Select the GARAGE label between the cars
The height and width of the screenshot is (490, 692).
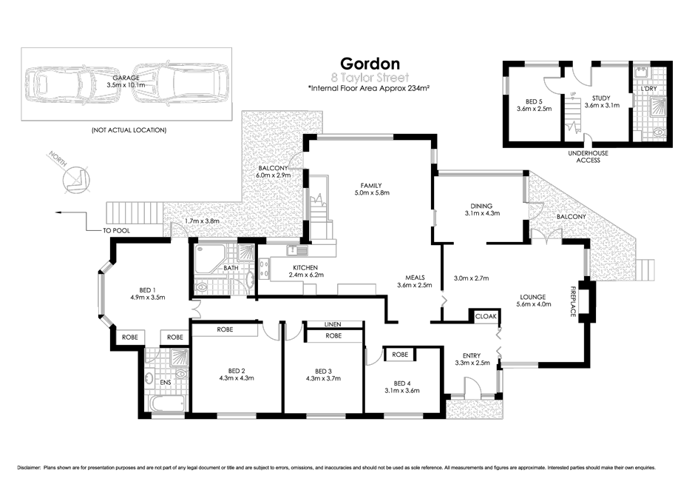(x=126, y=78)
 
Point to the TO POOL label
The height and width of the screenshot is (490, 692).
(x=116, y=230)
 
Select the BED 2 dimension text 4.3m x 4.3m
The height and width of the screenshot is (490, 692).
(x=237, y=377)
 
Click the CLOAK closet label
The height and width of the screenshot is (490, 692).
(x=486, y=316)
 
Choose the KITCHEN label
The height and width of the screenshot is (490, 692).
(x=305, y=267)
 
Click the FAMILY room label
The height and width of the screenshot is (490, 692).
(x=370, y=185)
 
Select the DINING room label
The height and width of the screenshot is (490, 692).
(x=481, y=206)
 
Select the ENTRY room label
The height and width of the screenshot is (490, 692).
(x=471, y=356)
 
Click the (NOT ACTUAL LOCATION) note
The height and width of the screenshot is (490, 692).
(x=129, y=130)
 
